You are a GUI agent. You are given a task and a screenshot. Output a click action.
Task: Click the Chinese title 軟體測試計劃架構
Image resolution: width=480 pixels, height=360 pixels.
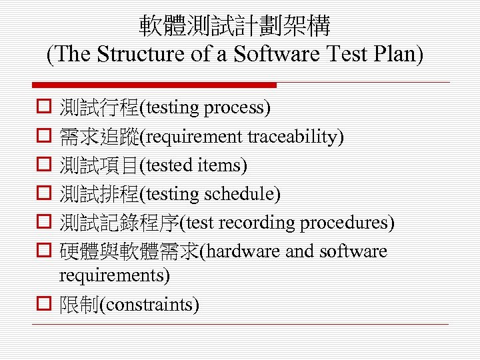235,26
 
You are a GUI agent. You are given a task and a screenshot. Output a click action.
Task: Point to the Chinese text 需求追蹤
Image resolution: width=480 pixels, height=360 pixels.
99,137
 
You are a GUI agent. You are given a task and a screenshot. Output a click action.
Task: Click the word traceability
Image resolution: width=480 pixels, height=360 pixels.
293,137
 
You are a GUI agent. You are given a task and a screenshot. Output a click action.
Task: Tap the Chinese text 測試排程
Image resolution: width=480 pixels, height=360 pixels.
99,194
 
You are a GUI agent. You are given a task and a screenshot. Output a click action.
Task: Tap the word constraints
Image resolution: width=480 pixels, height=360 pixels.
150,305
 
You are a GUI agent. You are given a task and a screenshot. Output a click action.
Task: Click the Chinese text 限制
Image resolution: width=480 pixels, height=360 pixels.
79,305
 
